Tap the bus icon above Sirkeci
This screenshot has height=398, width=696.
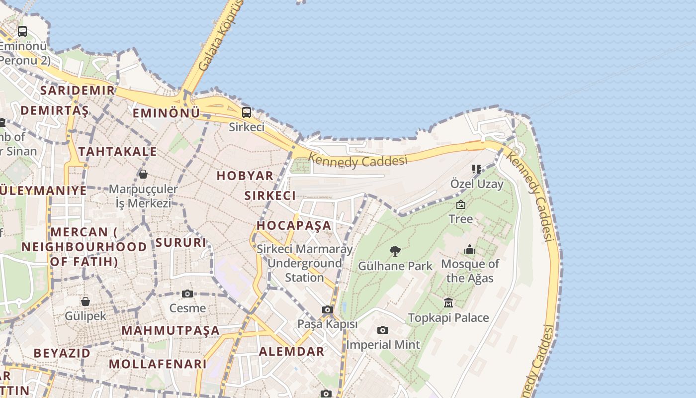pyautogui.click(x=246, y=112)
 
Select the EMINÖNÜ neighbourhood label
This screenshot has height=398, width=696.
pyautogui.click(x=166, y=113)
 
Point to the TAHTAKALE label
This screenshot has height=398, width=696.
pyautogui.click(x=117, y=151)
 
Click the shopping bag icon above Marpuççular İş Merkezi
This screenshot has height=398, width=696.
pyautogui.click(x=143, y=174)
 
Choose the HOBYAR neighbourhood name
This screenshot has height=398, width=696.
pyautogui.click(x=245, y=175)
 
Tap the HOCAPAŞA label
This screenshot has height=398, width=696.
pyautogui.click(x=294, y=225)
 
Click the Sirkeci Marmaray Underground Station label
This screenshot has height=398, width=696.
pyautogui.click(x=305, y=263)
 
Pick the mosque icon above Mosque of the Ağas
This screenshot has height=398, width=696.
pyautogui.click(x=470, y=249)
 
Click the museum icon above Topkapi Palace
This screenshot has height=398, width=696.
pyautogui.click(x=448, y=302)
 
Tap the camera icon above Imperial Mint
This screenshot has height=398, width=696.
pyautogui.click(x=382, y=330)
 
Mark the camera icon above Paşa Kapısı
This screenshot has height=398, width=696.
pyautogui.click(x=327, y=310)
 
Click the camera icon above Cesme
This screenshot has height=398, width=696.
pyautogui.click(x=187, y=294)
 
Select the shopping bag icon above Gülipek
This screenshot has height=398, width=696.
pyautogui.click(x=86, y=301)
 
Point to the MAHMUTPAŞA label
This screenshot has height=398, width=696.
pyautogui.click(x=171, y=330)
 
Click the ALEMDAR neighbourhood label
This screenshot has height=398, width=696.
pyautogui.click(x=291, y=351)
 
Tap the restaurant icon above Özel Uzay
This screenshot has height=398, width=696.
pyautogui.click(x=477, y=169)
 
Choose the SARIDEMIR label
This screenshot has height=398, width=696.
pyautogui.click(x=78, y=90)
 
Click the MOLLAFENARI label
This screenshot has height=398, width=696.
pyautogui.click(x=158, y=364)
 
